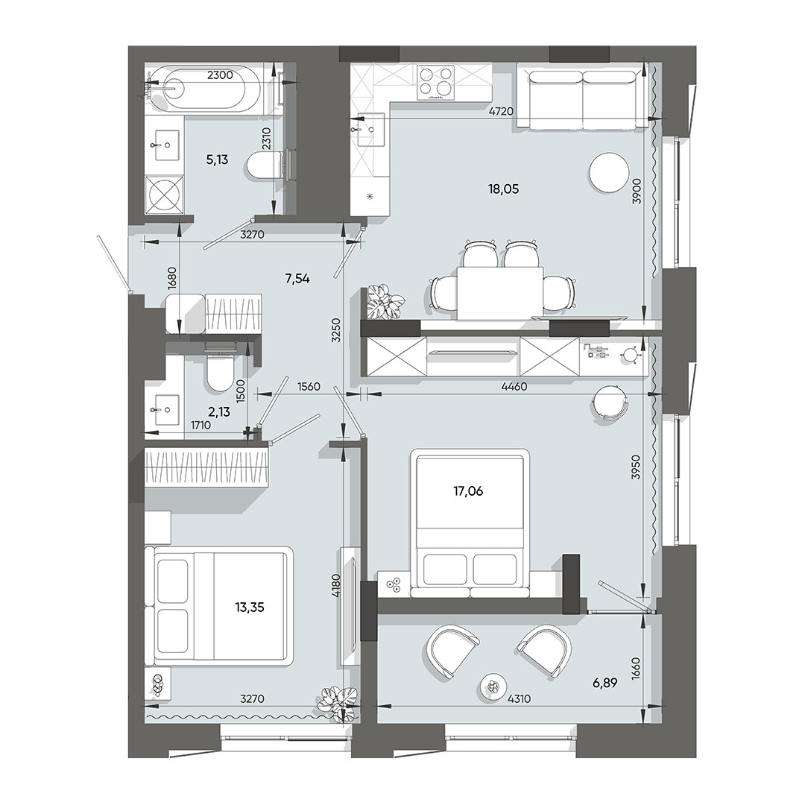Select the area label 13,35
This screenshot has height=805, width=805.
249,607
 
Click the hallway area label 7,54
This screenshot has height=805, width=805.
297,279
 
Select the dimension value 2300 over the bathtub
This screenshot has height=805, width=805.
220,75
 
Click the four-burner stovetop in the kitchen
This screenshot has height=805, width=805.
436,82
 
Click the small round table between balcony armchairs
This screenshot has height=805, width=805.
493,685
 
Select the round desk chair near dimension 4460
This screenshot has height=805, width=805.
611,403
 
